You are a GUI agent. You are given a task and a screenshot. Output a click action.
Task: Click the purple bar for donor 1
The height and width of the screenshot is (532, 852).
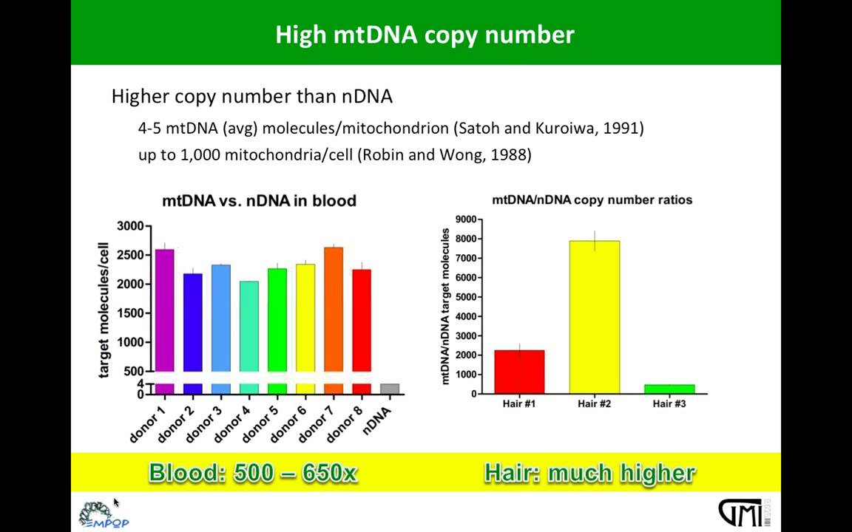tap(164, 310)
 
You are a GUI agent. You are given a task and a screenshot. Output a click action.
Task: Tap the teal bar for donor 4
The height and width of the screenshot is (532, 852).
tap(248, 326)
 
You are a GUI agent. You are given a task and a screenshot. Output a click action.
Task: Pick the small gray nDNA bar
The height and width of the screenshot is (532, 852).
tap(389, 389)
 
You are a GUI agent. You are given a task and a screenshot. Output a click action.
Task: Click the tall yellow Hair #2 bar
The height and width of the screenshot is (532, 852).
tap(594, 318)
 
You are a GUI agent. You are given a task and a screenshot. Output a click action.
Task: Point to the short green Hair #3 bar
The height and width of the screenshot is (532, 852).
tap(669, 389)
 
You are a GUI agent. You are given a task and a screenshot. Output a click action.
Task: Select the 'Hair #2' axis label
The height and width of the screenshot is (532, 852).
tap(594, 403)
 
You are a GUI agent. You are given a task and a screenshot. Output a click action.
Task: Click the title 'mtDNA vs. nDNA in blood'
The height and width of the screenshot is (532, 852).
tap(259, 201)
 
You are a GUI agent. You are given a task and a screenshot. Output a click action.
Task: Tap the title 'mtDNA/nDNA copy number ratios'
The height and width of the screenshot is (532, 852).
tap(592, 199)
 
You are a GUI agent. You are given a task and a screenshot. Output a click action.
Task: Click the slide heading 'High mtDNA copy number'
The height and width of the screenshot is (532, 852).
tap(425, 35)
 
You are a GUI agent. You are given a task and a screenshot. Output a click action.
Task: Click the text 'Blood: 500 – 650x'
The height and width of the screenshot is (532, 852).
tap(253, 473)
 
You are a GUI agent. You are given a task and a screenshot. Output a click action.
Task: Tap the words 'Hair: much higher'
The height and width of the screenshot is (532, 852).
tap(589, 473)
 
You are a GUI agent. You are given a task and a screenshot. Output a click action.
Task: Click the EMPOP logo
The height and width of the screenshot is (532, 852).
tap(103, 514)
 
